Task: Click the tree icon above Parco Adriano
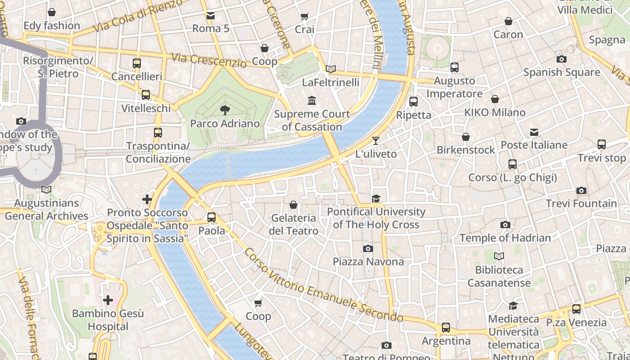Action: [x=224, y=110]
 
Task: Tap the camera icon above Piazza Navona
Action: [x=368, y=248]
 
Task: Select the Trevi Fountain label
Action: [x=581, y=203]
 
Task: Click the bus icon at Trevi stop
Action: [x=602, y=144]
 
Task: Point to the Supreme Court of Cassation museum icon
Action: [x=311, y=100]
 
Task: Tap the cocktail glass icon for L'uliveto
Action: [x=376, y=141]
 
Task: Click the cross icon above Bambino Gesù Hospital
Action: [x=108, y=300]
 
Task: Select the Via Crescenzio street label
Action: [x=209, y=60]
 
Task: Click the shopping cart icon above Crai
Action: [x=305, y=16]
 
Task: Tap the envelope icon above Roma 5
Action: [x=211, y=16]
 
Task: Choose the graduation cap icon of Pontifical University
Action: [x=376, y=198]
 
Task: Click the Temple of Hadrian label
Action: [x=505, y=238]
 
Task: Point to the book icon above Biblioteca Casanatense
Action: [x=499, y=256]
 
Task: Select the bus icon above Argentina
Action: [x=445, y=328]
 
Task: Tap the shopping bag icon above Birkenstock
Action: [x=466, y=136]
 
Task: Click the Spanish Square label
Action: [x=561, y=72]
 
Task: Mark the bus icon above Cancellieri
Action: [x=137, y=63]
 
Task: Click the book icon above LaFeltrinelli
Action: [x=331, y=69]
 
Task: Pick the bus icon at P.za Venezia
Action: [x=576, y=309]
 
